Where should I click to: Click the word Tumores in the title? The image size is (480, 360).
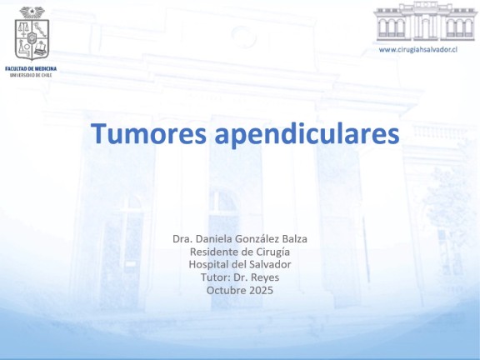click(x=148, y=133)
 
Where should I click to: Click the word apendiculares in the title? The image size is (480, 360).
click(x=307, y=135)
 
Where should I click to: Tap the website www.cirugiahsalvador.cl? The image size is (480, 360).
click(x=418, y=49)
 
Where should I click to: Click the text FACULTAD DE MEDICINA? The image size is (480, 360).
click(x=31, y=68)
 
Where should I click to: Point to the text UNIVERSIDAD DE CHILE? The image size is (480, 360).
click(x=31, y=75)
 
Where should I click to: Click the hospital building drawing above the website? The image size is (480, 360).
click(x=425, y=22)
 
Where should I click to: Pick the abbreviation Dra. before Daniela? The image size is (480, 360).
click(x=182, y=239)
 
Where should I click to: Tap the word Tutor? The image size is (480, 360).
click(x=216, y=277)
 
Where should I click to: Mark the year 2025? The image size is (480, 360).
click(x=261, y=290)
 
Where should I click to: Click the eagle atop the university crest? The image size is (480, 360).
click(x=32, y=12)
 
